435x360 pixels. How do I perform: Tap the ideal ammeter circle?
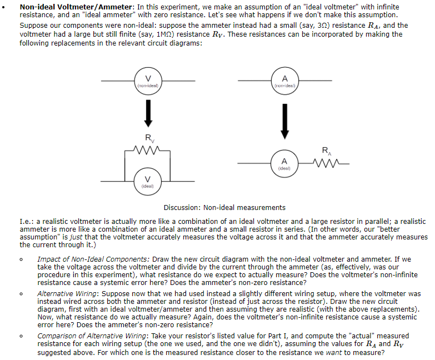click(284, 163)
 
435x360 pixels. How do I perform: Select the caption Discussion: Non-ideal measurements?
click(224, 208)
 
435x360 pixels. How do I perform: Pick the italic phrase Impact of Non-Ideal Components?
click(93, 259)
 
